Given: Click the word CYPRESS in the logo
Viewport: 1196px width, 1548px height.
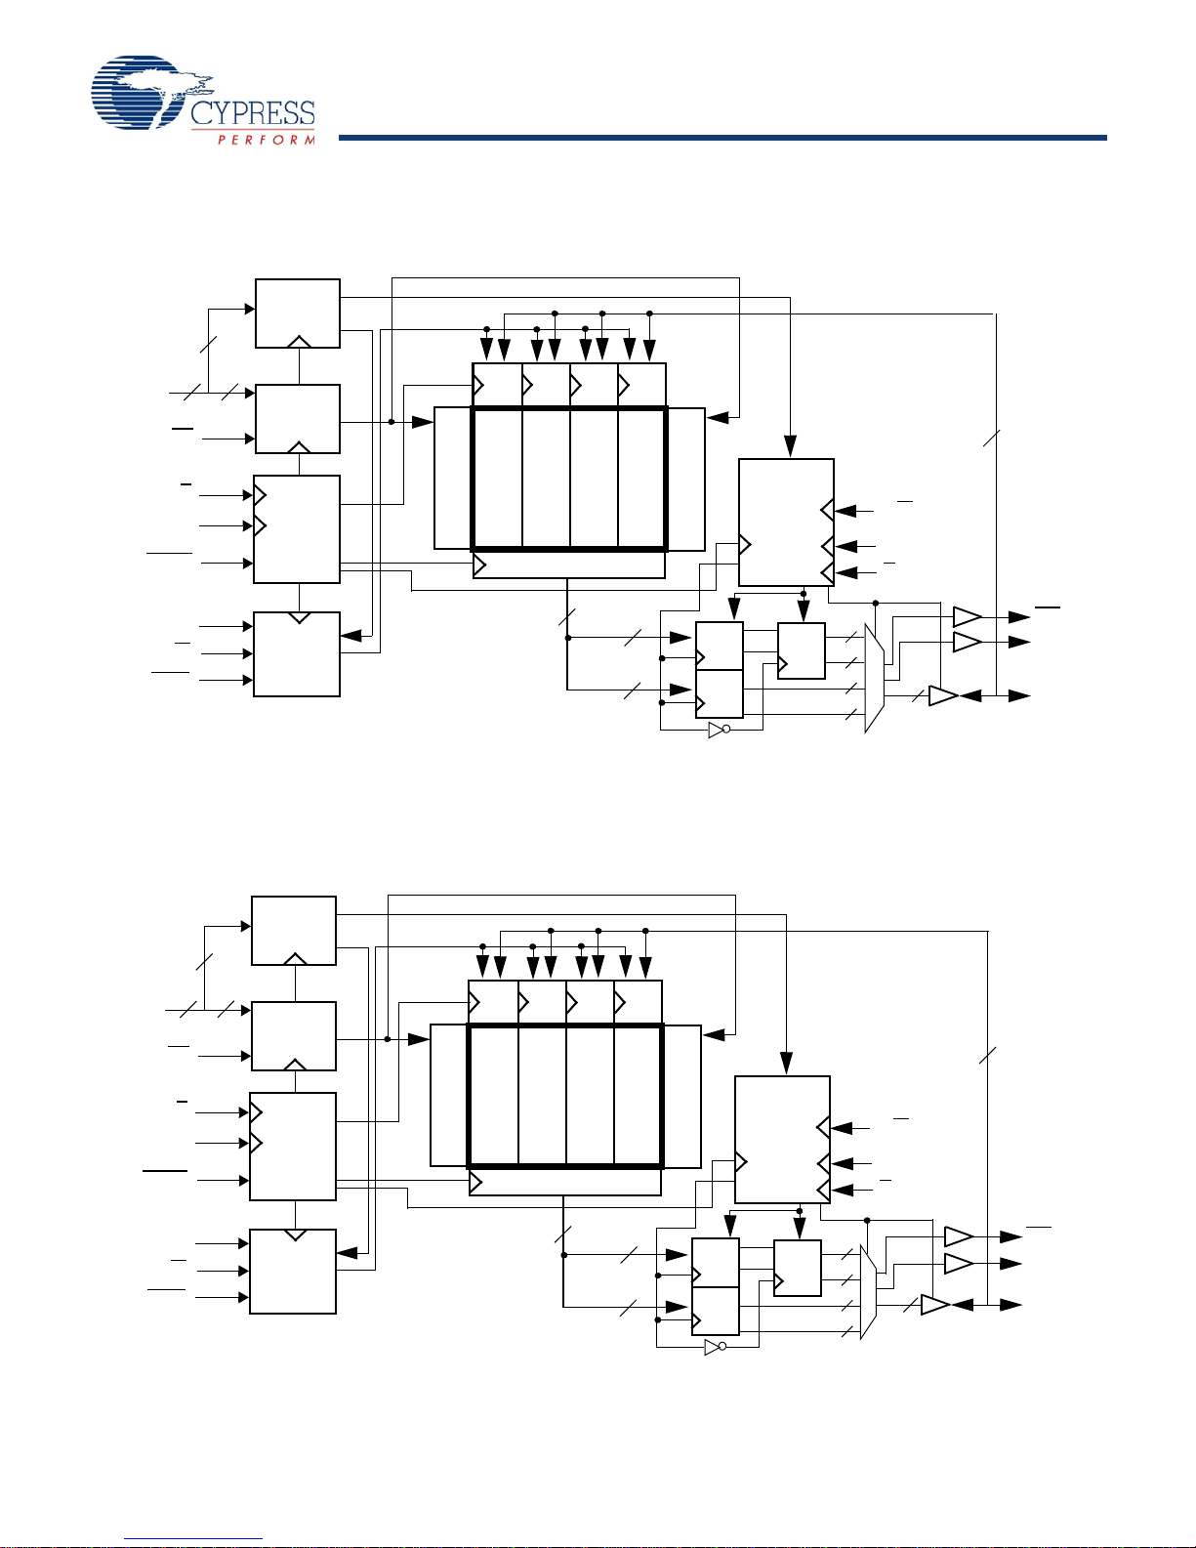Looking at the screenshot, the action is (253, 113).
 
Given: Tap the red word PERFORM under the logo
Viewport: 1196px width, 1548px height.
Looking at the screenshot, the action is (267, 140).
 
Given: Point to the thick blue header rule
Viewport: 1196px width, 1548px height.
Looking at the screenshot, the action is (722, 138).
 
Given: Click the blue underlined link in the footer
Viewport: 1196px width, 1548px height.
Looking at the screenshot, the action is (193, 1539).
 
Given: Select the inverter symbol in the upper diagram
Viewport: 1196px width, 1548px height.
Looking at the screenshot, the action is (719, 730).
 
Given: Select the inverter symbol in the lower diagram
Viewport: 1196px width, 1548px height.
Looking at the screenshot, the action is (715, 1347).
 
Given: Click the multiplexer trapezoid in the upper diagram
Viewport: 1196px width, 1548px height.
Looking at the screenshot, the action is (874, 678).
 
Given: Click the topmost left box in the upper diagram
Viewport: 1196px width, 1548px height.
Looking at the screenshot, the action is (298, 314).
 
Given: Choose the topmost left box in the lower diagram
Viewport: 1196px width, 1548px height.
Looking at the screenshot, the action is (293, 931).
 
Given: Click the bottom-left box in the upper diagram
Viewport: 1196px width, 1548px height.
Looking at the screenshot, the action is (297, 654).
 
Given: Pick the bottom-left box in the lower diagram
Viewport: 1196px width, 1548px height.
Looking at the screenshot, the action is (293, 1272).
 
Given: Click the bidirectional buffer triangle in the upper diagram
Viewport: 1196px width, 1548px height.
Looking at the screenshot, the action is (943, 696).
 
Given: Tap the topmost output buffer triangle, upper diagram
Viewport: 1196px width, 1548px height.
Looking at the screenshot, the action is (968, 617).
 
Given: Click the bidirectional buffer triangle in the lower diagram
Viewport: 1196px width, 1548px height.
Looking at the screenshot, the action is (934, 1305).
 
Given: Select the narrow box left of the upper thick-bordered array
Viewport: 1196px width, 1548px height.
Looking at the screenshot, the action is (453, 479).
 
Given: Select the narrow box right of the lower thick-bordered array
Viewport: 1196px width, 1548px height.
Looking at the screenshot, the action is (682, 1097).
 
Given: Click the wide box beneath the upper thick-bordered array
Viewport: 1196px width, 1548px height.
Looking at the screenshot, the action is (569, 565).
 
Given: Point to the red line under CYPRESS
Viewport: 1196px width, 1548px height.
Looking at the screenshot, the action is (253, 130).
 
